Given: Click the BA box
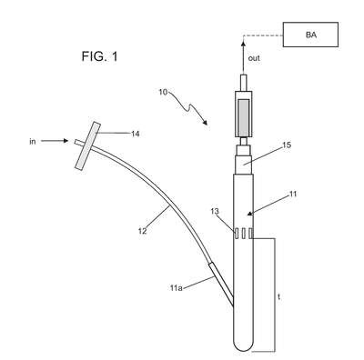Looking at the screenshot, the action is click(x=310, y=35).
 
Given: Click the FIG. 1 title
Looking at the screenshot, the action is click(x=99, y=56).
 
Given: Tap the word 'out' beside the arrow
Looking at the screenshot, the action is click(x=254, y=58).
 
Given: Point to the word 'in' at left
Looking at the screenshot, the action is click(x=33, y=142).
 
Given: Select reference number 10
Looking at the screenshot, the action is click(x=163, y=92).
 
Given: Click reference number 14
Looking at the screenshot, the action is click(x=136, y=134).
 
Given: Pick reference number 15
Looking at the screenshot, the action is click(x=287, y=145).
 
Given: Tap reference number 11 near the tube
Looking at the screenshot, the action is click(x=292, y=194).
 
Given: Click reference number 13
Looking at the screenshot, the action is click(x=215, y=211).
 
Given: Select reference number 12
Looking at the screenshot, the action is click(x=142, y=231).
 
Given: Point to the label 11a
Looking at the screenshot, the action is click(x=177, y=288).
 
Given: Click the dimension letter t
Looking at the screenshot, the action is click(x=278, y=297).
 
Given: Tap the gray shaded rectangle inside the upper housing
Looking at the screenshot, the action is click(x=244, y=117).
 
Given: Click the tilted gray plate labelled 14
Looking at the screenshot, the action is click(x=87, y=145).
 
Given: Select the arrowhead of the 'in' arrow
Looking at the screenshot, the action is click(x=66, y=141).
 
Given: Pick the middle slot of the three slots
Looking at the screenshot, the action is click(x=243, y=234).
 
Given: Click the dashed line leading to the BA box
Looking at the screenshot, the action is click(x=263, y=35).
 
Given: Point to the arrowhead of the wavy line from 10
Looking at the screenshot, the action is click(x=206, y=123).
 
